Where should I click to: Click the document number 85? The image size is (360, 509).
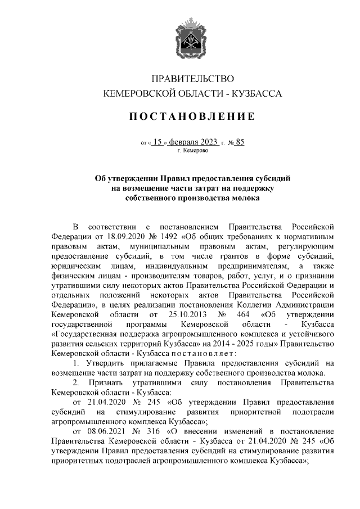[240, 142]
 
